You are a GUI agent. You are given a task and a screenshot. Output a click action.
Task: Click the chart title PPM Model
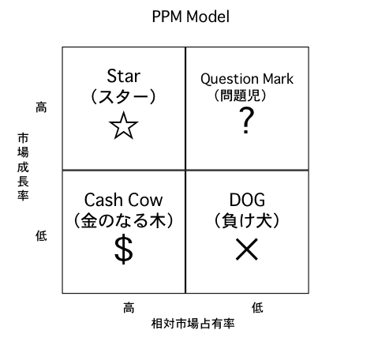tap(191, 17)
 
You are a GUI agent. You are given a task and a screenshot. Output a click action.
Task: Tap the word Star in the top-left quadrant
tap(123, 76)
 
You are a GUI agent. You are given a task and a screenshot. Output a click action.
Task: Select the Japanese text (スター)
tap(123, 96)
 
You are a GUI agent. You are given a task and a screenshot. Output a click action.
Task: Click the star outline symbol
tap(123, 126)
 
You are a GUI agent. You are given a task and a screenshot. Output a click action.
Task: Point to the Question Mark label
tap(247, 79)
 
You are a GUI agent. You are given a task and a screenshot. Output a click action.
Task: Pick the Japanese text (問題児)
tap(240, 95)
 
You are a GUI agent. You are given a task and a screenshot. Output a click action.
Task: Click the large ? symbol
tap(246, 121)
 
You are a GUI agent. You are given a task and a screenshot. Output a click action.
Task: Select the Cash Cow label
tap(123, 200)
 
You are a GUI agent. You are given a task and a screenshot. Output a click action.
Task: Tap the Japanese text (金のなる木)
tap(123, 220)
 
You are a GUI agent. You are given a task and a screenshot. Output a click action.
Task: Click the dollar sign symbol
tap(124, 249)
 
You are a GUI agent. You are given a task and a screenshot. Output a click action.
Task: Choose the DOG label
tap(247, 200)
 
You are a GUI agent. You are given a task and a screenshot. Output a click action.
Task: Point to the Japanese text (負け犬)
tap(247, 220)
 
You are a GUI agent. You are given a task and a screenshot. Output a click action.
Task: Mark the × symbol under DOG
tap(247, 249)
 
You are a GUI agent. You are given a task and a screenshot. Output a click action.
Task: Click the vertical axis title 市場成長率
tap(23, 167)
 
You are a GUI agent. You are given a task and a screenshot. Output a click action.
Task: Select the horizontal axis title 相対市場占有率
tap(193, 324)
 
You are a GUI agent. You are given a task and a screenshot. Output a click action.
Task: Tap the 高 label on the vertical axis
tap(41, 107)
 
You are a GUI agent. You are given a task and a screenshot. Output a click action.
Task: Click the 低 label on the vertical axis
tap(41, 235)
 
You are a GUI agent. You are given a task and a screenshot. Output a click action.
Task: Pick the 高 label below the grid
tap(129, 308)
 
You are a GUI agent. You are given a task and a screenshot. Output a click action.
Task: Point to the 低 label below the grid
tap(257, 308)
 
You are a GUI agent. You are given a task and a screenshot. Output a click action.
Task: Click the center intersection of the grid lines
tap(185, 171)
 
